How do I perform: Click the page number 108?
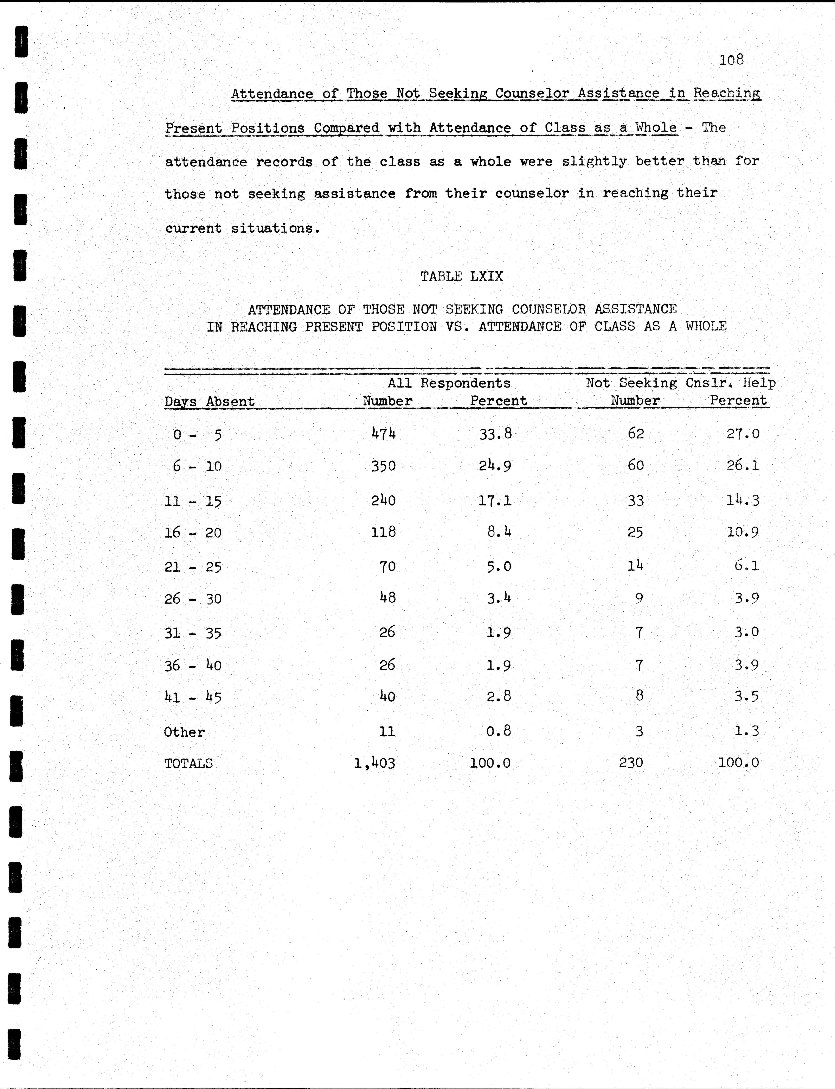(731, 60)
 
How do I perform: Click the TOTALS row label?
(188, 763)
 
